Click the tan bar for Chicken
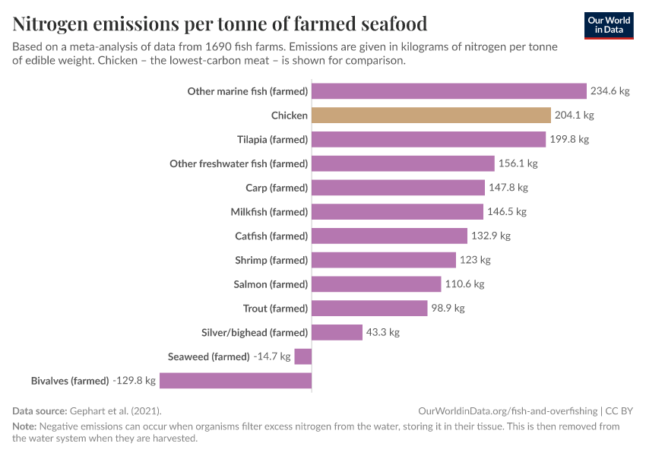(431, 116)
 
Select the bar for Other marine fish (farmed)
(449, 91)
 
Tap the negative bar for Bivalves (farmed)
(236, 380)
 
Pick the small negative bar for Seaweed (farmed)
(303, 356)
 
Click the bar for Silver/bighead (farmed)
(337, 332)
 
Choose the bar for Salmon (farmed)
(376, 284)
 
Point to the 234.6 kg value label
(610, 91)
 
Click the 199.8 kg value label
(569, 139)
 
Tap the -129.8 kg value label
(134, 380)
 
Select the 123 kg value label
(475, 260)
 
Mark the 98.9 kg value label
(448, 308)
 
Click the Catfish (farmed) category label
(271, 236)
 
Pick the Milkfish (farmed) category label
(269, 212)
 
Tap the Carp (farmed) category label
(277, 188)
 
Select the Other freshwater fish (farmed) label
(239, 163)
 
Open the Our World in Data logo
(608, 25)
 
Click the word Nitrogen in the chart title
(58, 24)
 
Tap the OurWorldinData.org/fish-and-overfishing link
(508, 410)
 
